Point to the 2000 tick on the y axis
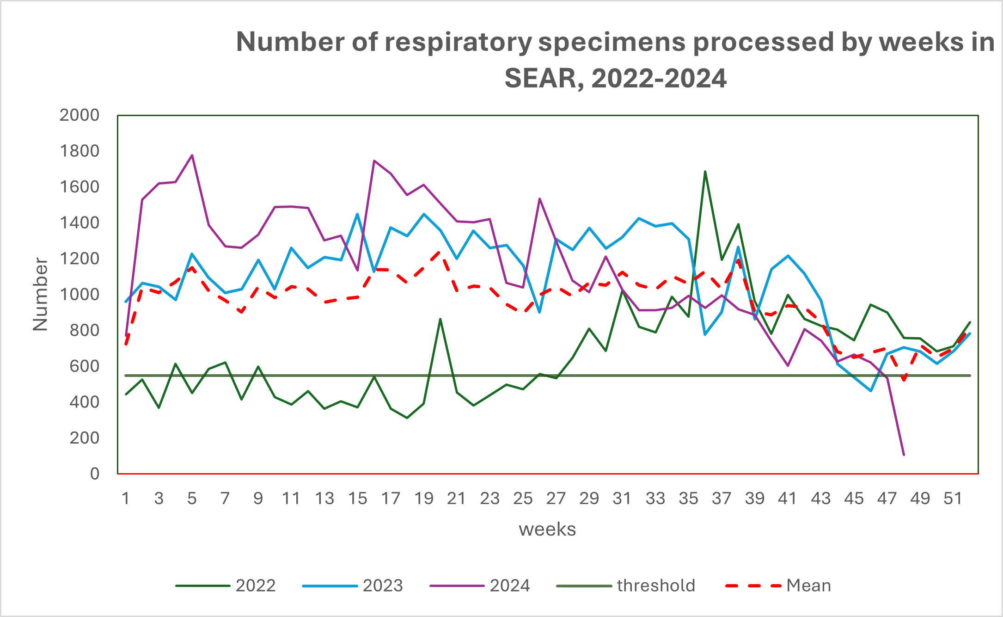pyautogui.click(x=80, y=115)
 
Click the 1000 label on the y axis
pyautogui.click(x=80, y=295)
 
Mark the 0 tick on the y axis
pyautogui.click(x=95, y=474)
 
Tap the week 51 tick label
pyautogui.click(x=953, y=499)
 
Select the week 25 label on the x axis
pyautogui.click(x=523, y=499)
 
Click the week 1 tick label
pyautogui.click(x=126, y=499)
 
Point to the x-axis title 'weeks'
pyautogui.click(x=547, y=529)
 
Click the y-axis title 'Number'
pyautogui.click(x=41, y=294)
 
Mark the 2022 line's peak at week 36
pyautogui.click(x=705, y=172)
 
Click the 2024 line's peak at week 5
pyautogui.click(x=192, y=155)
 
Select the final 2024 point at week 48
pyautogui.click(x=904, y=455)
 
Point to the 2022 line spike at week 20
pyautogui.click(x=440, y=319)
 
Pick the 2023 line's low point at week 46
pyautogui.click(x=870, y=391)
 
